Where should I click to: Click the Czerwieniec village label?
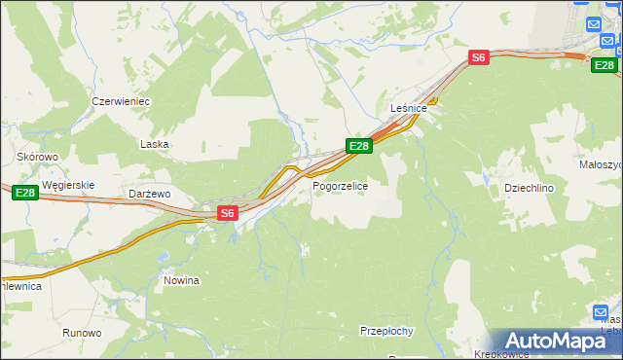[x=120, y=101]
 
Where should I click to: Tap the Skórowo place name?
[x=38, y=156]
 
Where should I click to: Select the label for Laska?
[x=154, y=144]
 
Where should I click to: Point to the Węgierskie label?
[x=67, y=184]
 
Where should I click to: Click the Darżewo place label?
[x=150, y=194]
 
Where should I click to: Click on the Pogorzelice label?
[x=340, y=185]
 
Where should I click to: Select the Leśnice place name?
[x=410, y=108]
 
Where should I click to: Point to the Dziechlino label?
[x=529, y=188]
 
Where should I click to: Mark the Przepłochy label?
[x=387, y=331]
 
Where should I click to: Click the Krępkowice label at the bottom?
[x=500, y=353]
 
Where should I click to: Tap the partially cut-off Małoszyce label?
[x=601, y=164]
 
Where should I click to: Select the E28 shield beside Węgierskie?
[x=25, y=195]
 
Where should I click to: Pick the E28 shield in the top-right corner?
[x=604, y=64]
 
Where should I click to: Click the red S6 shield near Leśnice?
[x=478, y=58]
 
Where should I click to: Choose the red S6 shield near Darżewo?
[x=227, y=212]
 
